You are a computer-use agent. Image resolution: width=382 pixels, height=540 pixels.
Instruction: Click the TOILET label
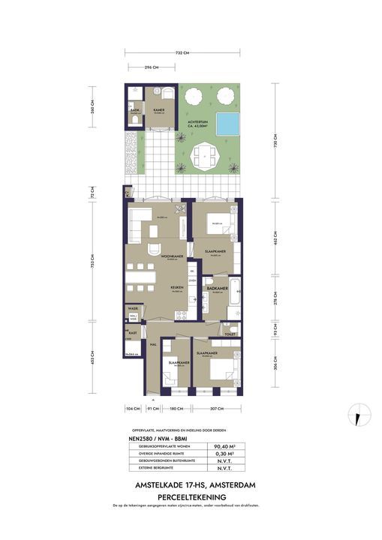click(230, 334)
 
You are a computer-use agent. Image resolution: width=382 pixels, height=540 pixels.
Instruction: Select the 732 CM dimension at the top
click(181, 52)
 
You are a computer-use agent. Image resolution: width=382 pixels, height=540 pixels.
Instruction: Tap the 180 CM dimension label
click(175, 409)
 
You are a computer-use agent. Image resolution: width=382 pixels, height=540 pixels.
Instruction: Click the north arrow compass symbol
click(359, 412)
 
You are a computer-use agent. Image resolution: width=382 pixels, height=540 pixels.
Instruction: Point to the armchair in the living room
click(152, 250)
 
